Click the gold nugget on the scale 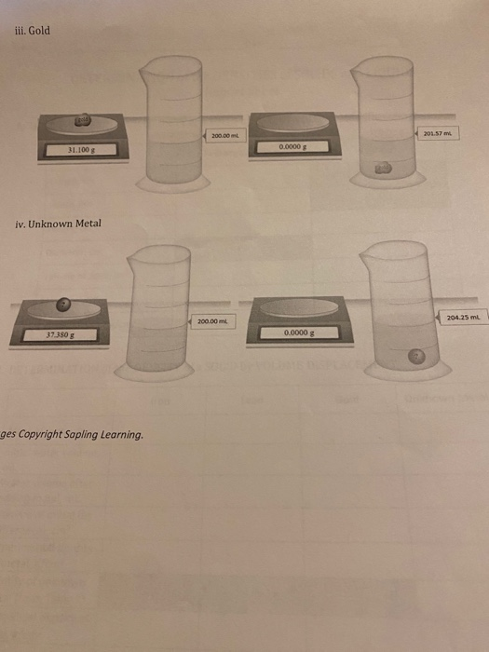pyautogui.click(x=84, y=119)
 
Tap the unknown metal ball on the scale pyautogui.click(x=61, y=303)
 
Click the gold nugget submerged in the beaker pyautogui.click(x=383, y=168)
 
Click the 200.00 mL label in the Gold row pyautogui.click(x=226, y=138)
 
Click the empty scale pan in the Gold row pyautogui.click(x=291, y=122)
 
